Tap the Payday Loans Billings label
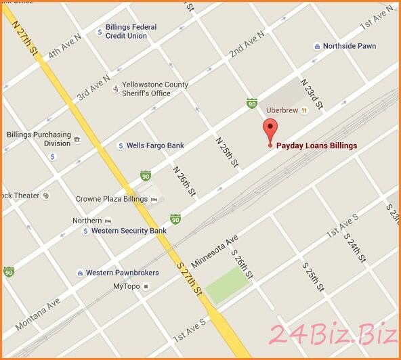[316, 145]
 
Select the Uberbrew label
[283, 110]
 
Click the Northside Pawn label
[350, 47]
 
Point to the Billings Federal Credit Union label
[131, 31]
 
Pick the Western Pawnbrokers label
[122, 273]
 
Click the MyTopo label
[127, 286]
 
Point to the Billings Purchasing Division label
[39, 139]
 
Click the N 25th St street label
[227, 152]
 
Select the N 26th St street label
[184, 181]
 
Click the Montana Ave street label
[37, 314]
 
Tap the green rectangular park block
[228, 285]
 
